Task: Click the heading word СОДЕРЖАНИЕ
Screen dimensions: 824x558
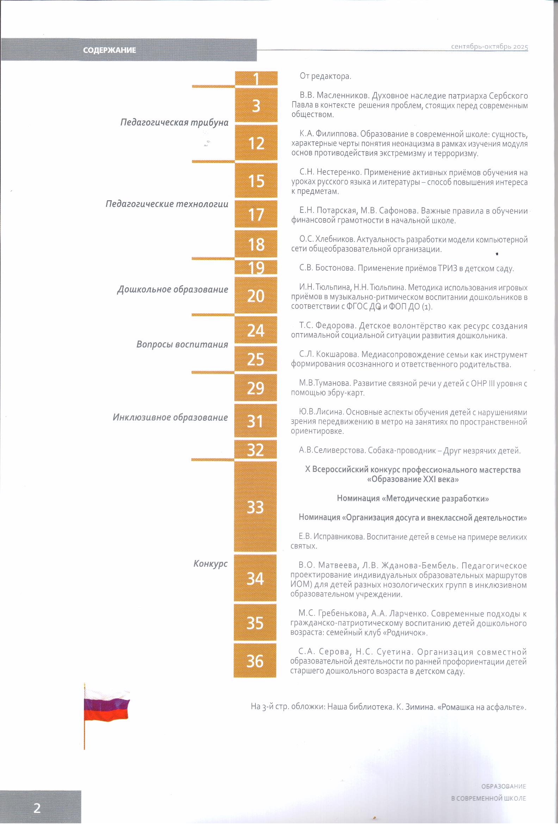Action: click(109, 50)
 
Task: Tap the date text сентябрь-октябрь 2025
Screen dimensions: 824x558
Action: click(489, 47)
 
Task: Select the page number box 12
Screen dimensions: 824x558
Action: click(256, 143)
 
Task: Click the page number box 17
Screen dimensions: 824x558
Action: click(256, 214)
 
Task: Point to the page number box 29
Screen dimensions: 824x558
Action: click(255, 388)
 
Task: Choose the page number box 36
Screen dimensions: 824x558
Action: click(255, 660)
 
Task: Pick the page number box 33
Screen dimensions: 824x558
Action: click(255, 507)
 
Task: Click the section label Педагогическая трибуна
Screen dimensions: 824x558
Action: click(174, 123)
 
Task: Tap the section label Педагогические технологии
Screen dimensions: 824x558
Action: click(167, 204)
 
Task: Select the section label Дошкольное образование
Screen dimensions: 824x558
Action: click(173, 289)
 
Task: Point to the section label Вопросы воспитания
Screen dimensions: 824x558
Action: click(182, 344)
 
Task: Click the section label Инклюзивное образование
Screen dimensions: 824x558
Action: click(170, 417)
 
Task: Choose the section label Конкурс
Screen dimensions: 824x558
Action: click(210, 564)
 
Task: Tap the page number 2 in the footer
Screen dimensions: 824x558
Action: click(37, 808)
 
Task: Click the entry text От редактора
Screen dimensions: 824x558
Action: click(325, 76)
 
